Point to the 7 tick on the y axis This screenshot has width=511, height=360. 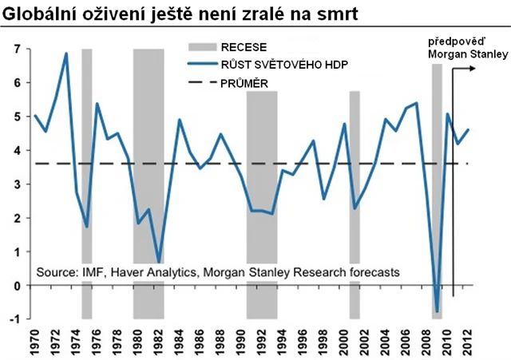click(18, 49)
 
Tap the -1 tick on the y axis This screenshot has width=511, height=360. click(16, 319)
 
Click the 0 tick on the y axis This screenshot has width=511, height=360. click(18, 286)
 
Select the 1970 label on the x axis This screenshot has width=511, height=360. click(36, 340)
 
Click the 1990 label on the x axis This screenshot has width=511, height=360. click(241, 340)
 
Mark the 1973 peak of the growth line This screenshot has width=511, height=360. click(66, 53)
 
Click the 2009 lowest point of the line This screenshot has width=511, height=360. click(437, 311)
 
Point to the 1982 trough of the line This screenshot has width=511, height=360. click(160, 262)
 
